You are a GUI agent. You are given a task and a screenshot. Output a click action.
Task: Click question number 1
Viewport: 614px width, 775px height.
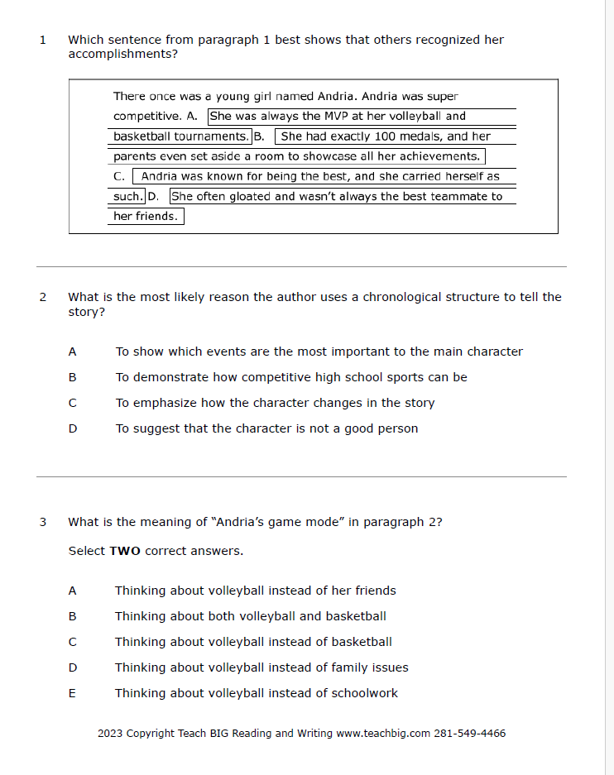pos(42,40)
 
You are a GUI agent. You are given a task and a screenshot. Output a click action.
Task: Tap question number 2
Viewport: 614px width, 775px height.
pos(42,297)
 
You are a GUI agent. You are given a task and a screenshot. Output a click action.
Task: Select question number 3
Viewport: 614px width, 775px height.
pos(42,522)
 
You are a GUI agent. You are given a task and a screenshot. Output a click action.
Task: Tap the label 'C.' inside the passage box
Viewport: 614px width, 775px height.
pos(118,176)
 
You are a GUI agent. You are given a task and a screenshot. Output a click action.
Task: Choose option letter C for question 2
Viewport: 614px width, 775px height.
pos(72,403)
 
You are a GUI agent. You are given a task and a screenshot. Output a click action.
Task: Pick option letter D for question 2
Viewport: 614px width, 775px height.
pos(72,428)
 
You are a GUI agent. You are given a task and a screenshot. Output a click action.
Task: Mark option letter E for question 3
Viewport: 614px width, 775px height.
pos(72,693)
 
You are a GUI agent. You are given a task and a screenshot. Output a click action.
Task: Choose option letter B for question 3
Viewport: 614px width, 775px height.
pos(72,616)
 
